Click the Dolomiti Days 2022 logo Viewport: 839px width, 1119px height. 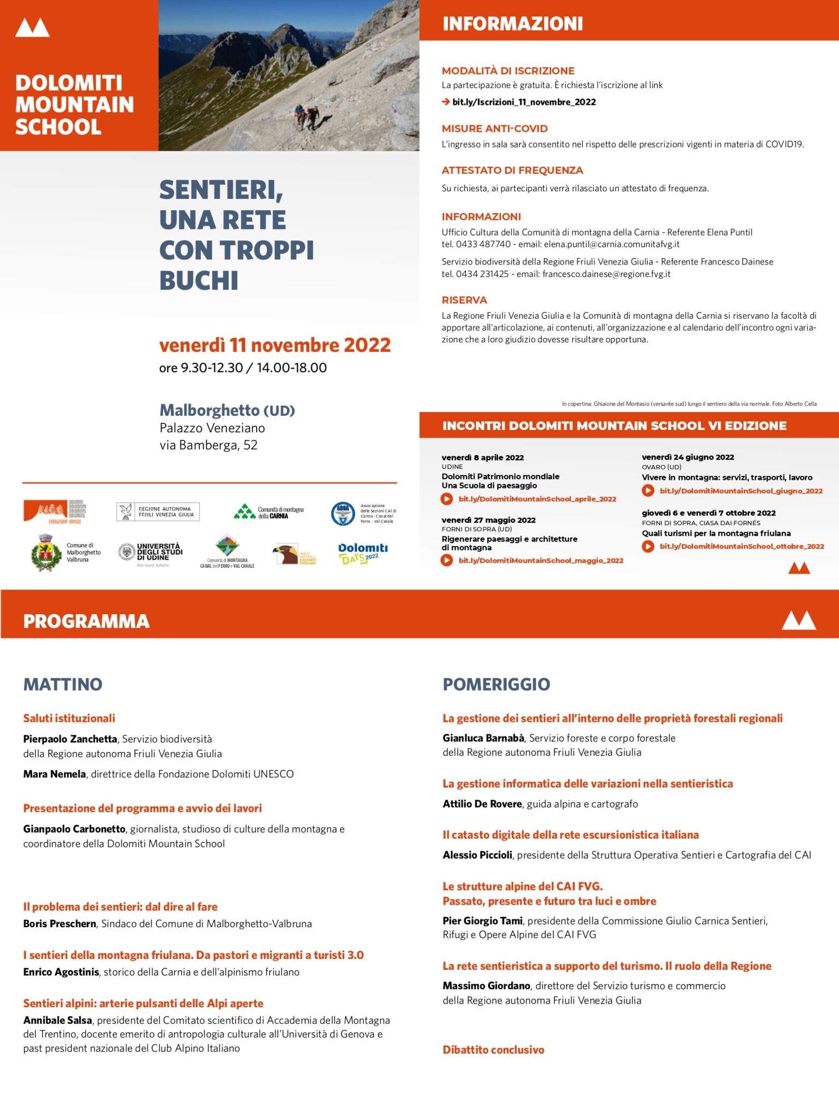click(363, 553)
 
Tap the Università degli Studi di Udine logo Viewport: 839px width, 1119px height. click(151, 552)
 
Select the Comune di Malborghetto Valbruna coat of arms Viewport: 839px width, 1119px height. click(45, 553)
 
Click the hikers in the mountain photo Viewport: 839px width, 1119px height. click(306, 116)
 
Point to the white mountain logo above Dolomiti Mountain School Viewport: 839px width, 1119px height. click(32, 27)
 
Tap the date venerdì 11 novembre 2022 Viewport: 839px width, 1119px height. click(275, 345)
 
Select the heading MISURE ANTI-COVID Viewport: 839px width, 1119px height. click(494, 129)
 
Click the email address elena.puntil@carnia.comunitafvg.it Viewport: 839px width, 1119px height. click(611, 244)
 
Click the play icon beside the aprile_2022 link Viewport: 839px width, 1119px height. click(447, 499)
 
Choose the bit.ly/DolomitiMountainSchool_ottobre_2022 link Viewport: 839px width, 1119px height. click(741, 546)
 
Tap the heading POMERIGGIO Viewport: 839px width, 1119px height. click(496, 684)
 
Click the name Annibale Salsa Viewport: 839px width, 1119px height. click(57, 1020)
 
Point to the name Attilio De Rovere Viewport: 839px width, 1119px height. click(482, 804)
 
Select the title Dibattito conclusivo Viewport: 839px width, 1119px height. click(493, 1050)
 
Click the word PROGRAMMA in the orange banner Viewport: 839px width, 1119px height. click(86, 621)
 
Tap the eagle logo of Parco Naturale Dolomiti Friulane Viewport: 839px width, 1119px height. click(286, 553)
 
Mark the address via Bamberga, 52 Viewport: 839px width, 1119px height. click(208, 445)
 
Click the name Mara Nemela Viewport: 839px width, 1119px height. click(54, 774)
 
